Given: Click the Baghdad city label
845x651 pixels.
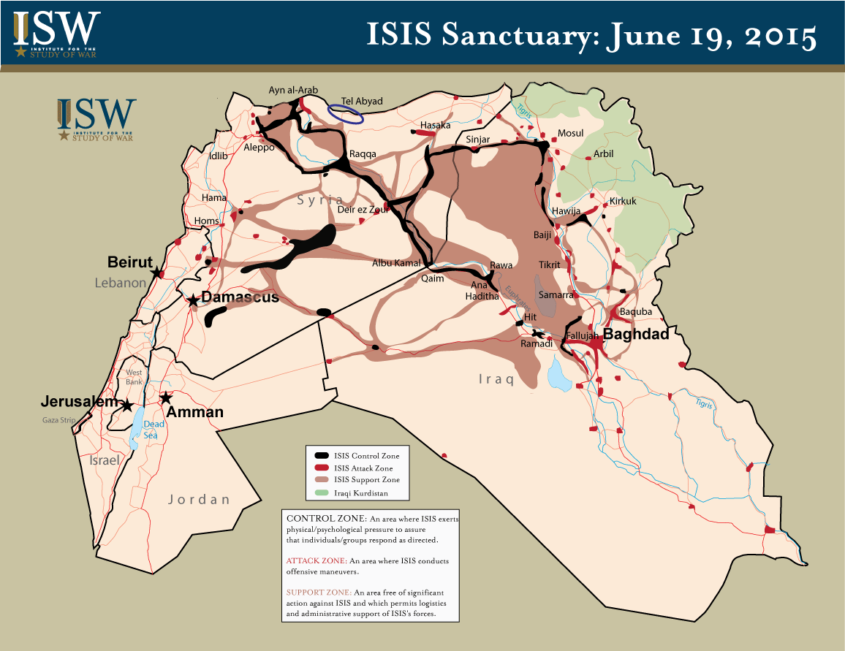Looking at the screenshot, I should coord(635,334).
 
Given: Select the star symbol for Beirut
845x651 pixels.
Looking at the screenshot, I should coord(156,273).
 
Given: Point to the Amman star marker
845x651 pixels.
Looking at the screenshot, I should coord(166,398).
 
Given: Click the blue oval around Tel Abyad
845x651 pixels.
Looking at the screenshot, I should coord(344,112).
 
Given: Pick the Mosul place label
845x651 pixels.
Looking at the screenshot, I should coord(571,133).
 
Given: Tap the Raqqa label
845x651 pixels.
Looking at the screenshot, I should coord(363,154).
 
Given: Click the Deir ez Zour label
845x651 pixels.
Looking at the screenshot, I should coord(360,210).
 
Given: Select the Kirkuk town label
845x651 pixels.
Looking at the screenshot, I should coord(623,201).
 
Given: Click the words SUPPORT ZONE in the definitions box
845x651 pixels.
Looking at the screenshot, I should coord(318,591).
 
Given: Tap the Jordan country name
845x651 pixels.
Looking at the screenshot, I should coord(199,500).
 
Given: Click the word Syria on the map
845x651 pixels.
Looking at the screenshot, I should coord(319,199).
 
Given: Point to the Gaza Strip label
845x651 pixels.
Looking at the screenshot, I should coord(58,420).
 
